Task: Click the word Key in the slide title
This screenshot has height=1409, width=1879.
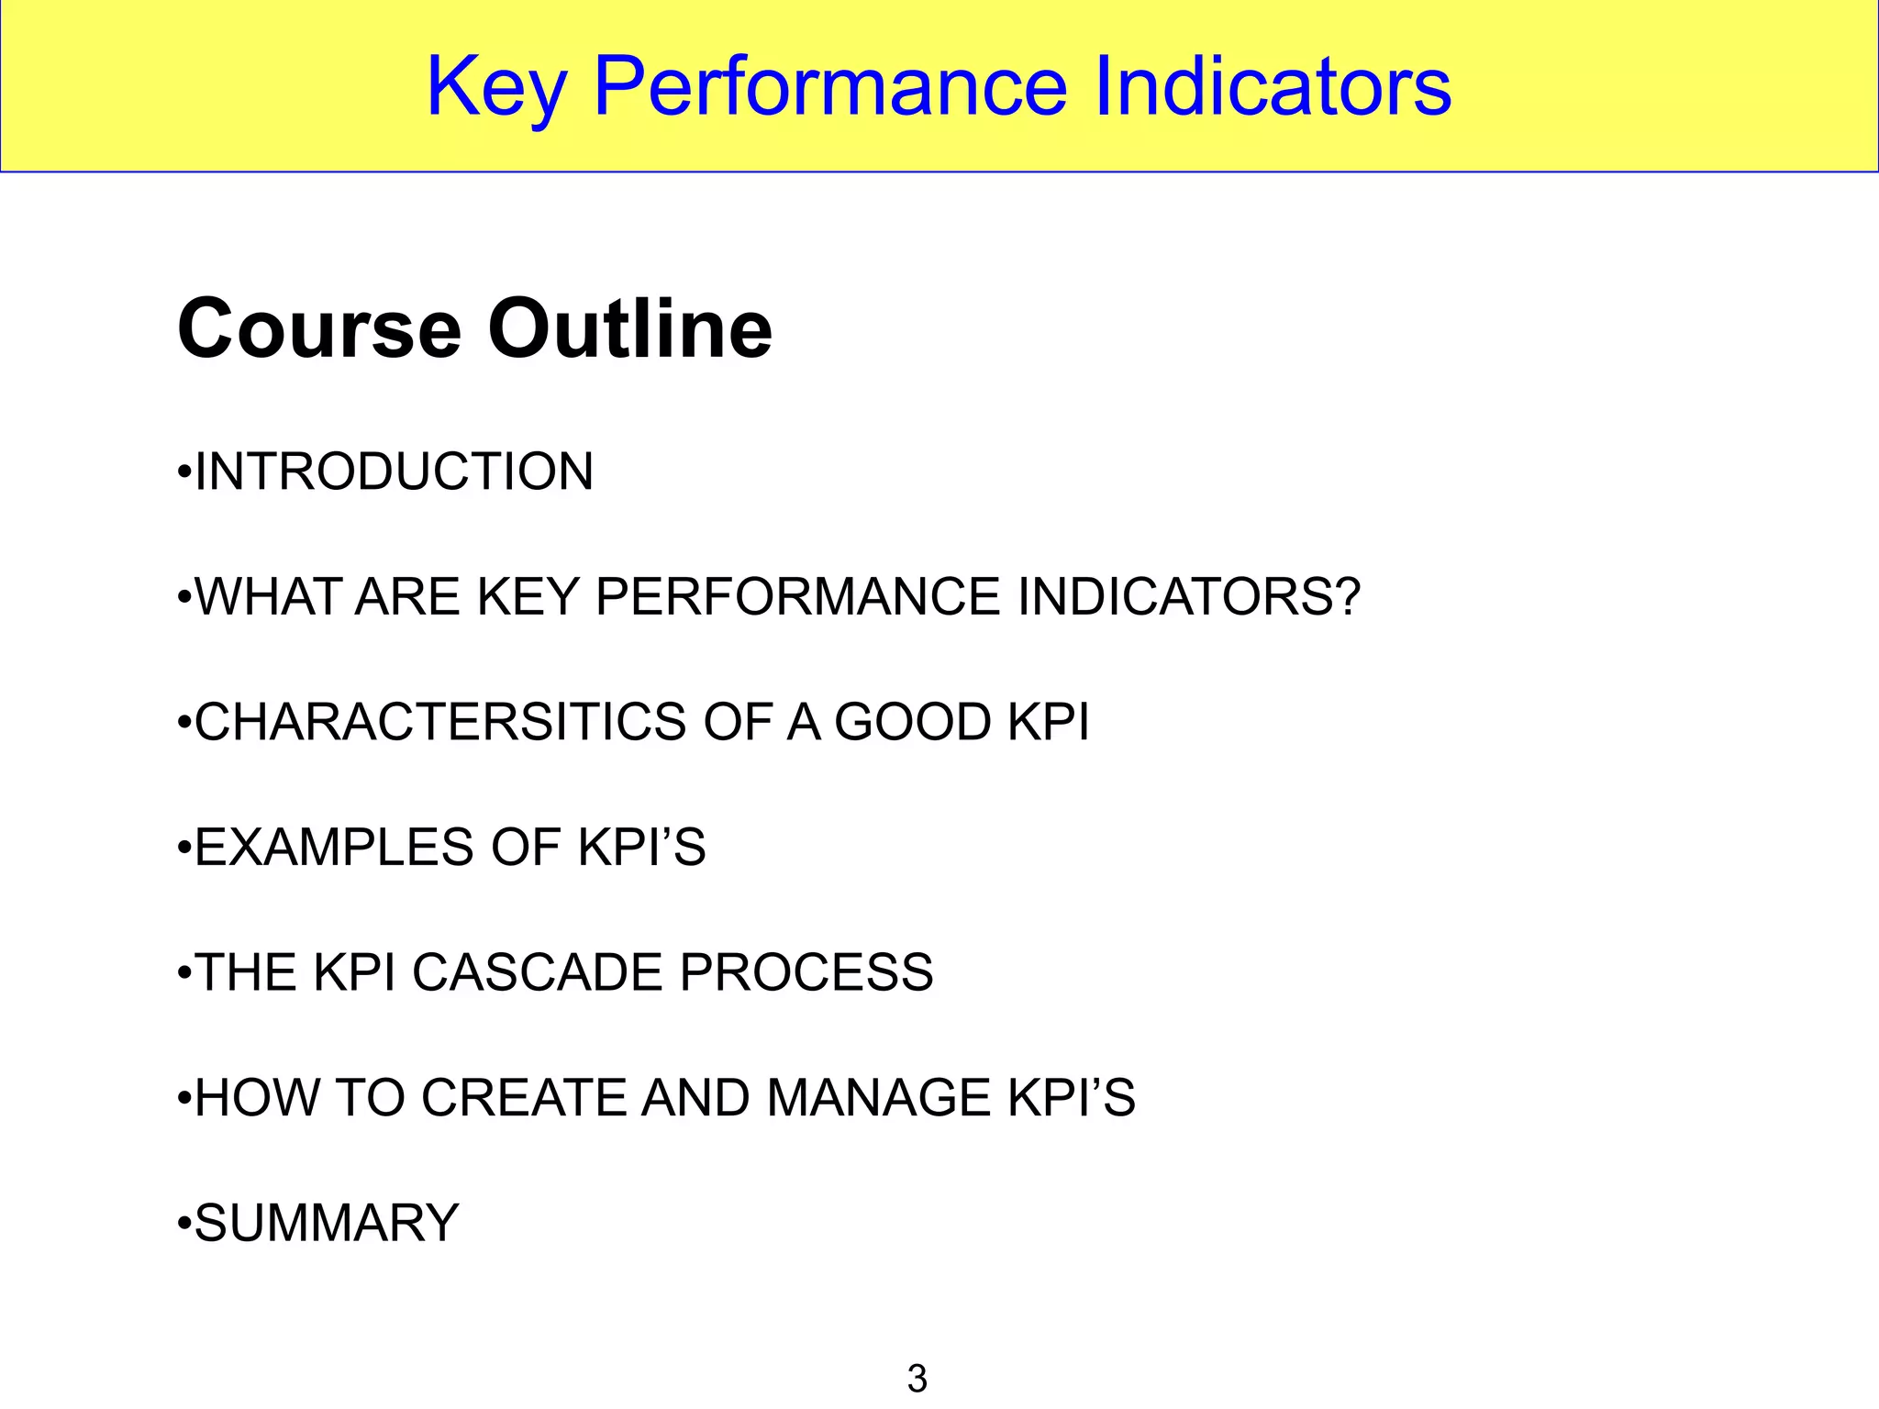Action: coord(496,87)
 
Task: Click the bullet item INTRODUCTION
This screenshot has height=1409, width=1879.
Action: coord(394,472)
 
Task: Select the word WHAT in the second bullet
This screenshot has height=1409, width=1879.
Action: coord(267,596)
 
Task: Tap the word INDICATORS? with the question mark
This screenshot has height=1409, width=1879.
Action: coord(1188,596)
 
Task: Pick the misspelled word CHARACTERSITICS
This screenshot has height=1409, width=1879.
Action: coord(439,722)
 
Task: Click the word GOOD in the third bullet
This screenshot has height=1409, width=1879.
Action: coord(912,722)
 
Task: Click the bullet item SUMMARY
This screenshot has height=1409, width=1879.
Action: coord(327,1223)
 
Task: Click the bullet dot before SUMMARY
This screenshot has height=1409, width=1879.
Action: coord(184,1225)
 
